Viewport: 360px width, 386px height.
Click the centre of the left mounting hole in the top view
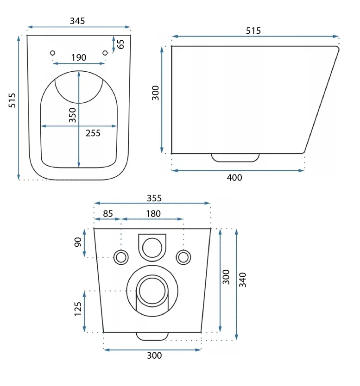[x=52, y=53]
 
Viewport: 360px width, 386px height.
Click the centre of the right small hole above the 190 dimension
[x=105, y=53]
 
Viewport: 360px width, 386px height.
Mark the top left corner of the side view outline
[x=172, y=46]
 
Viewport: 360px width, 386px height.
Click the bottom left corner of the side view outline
[x=172, y=153]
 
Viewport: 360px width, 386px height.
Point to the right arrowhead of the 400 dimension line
[x=301, y=170]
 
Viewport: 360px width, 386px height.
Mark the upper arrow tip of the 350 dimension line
[x=79, y=72]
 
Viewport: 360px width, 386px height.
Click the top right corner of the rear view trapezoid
[x=211, y=229]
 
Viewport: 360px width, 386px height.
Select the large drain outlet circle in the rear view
[x=152, y=291]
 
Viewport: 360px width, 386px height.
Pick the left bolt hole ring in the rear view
[x=121, y=257]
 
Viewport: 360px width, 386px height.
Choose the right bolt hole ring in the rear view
[x=183, y=257]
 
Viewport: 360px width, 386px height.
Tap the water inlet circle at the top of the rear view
[x=152, y=248]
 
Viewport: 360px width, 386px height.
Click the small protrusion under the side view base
[x=235, y=158]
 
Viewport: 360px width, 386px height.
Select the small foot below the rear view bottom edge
[x=152, y=336]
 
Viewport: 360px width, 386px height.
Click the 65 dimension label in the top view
[x=121, y=44]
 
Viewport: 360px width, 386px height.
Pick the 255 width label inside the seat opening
[x=93, y=133]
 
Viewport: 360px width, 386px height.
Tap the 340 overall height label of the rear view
[x=243, y=280]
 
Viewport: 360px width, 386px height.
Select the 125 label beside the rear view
[x=78, y=309]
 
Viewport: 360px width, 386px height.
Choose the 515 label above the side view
[x=253, y=31]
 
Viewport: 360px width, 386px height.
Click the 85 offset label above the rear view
[x=108, y=213]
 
